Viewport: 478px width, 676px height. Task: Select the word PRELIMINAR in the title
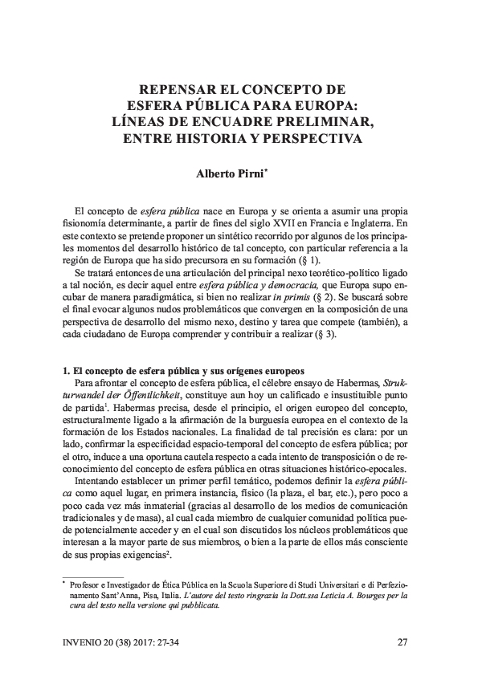tap(320, 121)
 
